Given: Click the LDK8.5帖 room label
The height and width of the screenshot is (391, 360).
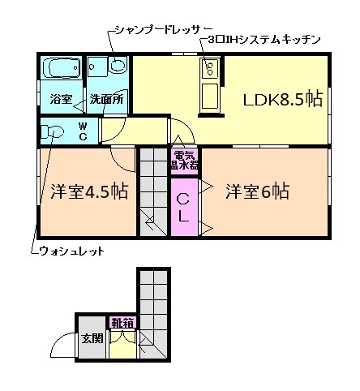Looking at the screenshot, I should point(284,100).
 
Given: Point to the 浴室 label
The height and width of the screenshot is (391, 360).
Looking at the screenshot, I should point(61,100).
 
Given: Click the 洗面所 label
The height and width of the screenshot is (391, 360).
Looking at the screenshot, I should point(106,100).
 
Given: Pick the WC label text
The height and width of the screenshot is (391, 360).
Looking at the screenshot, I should point(82,131).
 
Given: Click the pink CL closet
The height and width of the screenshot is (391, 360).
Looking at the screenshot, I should point(184,206).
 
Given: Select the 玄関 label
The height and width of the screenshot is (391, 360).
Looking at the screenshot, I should point(92,338).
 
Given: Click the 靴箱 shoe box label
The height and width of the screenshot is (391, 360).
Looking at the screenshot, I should point(124,323).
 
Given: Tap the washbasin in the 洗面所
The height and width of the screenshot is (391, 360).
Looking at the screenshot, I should point(117,66).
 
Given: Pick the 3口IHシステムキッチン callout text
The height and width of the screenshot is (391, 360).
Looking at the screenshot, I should point(265,39).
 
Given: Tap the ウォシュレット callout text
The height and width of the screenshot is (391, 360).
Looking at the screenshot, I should point(71,251).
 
